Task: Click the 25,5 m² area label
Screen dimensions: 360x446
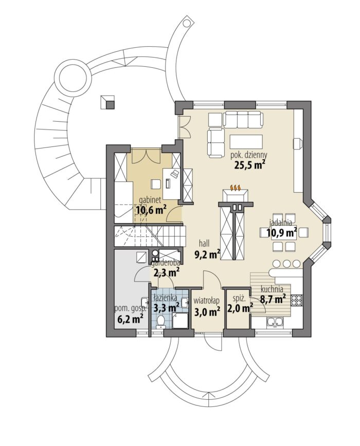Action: pyautogui.click(x=247, y=165)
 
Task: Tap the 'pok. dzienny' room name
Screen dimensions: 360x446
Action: pyautogui.click(x=248, y=156)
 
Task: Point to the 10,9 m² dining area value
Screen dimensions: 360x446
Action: pyautogui.click(x=282, y=233)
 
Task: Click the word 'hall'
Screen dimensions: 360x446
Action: pyautogui.click(x=204, y=243)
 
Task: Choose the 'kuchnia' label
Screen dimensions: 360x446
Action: pyautogui.click(x=272, y=289)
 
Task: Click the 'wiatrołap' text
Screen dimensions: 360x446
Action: pyautogui.click(x=207, y=301)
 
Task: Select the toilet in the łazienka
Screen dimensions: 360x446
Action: pyautogui.click(x=161, y=321)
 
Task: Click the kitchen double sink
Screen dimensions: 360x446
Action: pyautogui.click(x=275, y=322)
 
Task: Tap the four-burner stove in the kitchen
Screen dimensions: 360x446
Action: pyautogui.click(x=297, y=299)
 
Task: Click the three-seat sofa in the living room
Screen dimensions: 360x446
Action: pyautogui.click(x=243, y=119)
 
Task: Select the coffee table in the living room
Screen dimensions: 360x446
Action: pyautogui.click(x=246, y=142)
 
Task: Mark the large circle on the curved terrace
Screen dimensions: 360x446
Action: pyautogui.click(x=73, y=78)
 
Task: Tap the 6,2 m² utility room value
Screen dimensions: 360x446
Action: pyautogui.click(x=130, y=319)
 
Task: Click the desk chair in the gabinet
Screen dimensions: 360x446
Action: pyautogui.click(x=155, y=184)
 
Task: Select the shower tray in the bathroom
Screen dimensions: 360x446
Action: pyautogui.click(x=180, y=321)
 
